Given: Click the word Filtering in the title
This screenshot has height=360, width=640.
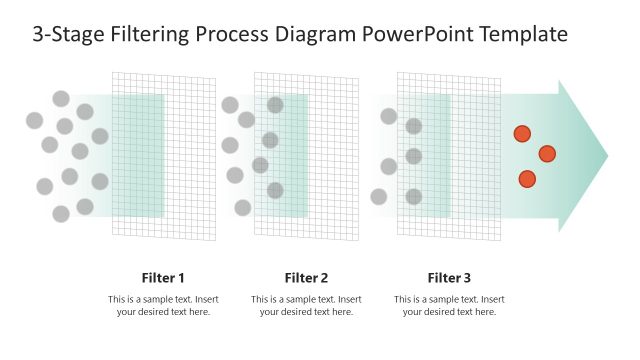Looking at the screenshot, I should point(147,35).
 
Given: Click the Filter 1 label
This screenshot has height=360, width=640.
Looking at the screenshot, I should point(163,278).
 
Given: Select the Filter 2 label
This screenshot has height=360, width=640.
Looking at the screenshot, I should point(306,278).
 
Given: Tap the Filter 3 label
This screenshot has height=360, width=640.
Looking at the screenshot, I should point(449,278).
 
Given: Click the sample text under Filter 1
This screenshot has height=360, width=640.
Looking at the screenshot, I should point(163,305).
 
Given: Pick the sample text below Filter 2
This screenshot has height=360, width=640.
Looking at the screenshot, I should point(306,305).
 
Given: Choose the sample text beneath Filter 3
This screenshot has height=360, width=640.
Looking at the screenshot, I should point(449,305).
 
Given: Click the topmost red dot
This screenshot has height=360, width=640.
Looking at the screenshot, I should point(522,134).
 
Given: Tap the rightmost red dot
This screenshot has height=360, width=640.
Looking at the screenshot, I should point(547,153).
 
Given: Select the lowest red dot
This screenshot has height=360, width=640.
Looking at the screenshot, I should point(527,179).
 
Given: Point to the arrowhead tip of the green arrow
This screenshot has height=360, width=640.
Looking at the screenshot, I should point(606,156).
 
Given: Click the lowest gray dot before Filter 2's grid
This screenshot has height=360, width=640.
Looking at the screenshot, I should point(243,207).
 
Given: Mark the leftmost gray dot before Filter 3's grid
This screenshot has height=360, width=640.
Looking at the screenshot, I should point(379,196).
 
